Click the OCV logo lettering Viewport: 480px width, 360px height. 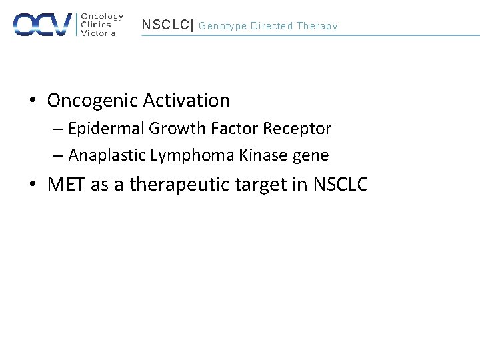click(43, 24)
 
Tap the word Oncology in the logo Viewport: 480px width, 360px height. click(102, 16)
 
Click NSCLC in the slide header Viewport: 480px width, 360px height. click(165, 25)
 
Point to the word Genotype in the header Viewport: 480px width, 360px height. click(223, 26)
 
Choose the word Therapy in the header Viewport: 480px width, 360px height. click(317, 26)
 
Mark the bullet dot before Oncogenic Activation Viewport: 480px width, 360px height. click(33, 101)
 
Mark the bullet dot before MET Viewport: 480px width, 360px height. click(33, 185)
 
